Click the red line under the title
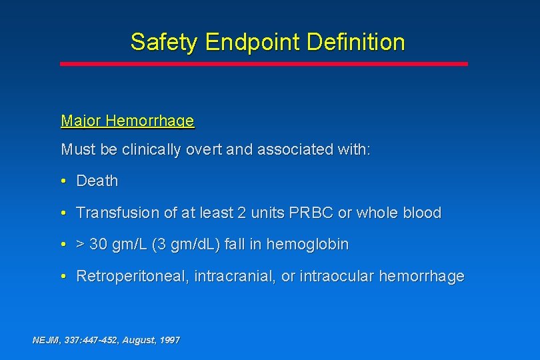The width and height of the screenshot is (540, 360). coord(264,64)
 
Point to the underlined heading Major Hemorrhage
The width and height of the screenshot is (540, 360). coord(127,121)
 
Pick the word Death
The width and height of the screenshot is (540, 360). coord(97,181)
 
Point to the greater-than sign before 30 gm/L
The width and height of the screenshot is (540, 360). coord(81,245)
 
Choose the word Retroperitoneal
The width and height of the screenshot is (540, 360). coord(133,276)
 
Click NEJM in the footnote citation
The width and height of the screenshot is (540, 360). coord(46,340)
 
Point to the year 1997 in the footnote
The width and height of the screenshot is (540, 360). coord(169,340)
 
